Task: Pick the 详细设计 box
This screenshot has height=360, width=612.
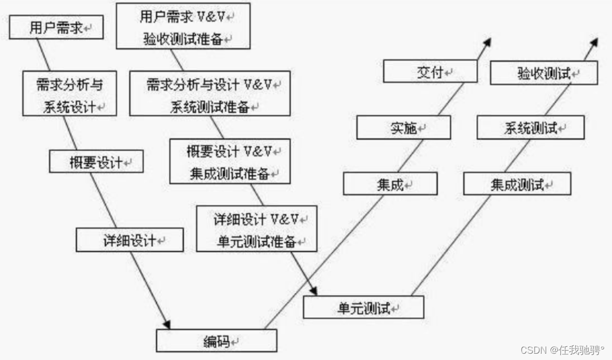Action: [130, 240]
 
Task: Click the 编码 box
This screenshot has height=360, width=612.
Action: [217, 341]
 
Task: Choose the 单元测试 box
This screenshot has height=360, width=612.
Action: [363, 307]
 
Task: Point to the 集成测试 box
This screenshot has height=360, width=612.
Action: [517, 184]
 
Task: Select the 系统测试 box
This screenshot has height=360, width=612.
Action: [531, 128]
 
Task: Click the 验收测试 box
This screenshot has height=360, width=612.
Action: [544, 73]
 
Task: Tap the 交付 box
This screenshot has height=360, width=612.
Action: [430, 71]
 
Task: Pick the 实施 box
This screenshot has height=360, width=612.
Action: [403, 128]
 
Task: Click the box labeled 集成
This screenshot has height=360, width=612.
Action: [390, 184]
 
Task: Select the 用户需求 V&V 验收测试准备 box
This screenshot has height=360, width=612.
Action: [182, 26]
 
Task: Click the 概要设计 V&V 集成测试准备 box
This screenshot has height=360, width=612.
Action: [230, 161]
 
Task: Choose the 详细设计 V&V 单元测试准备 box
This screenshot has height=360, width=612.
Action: [257, 229]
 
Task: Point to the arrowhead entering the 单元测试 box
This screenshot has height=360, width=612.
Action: [314, 290]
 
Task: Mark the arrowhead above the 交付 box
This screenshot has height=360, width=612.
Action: [487, 42]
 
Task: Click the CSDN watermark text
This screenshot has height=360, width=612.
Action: [562, 349]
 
